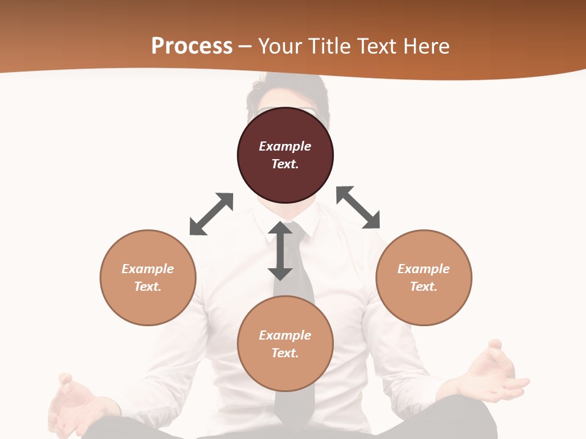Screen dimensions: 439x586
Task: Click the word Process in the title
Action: click(x=192, y=46)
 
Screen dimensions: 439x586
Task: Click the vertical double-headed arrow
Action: click(x=280, y=251)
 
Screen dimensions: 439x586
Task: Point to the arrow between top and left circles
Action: click(x=211, y=214)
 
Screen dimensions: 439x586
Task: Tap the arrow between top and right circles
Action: click(x=358, y=207)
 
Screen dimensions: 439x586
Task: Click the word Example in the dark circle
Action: click(x=285, y=146)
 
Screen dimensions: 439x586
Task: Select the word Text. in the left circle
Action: click(x=148, y=287)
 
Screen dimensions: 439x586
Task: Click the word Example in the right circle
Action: click(x=424, y=269)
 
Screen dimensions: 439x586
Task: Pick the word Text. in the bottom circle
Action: click(x=285, y=353)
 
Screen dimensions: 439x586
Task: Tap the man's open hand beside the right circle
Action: click(x=491, y=373)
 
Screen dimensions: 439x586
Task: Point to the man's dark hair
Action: click(x=287, y=91)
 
